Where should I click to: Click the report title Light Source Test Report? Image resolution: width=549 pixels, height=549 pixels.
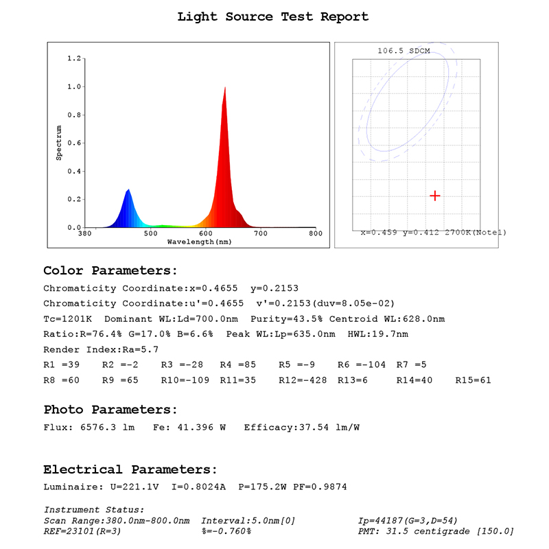pyautogui.click(x=273, y=16)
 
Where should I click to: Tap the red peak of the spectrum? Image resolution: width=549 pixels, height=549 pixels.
pyautogui.click(x=225, y=89)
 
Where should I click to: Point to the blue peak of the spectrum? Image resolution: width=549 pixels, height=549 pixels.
pyautogui.click(x=128, y=191)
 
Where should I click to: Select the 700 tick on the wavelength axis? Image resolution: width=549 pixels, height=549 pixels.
pyautogui.click(x=261, y=234)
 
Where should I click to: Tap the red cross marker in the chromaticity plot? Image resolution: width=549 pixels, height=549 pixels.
pyautogui.click(x=434, y=196)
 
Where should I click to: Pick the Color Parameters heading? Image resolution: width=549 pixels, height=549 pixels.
pyautogui.click(x=110, y=270)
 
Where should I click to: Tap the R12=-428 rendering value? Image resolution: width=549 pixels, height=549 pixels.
pyautogui.click(x=305, y=380)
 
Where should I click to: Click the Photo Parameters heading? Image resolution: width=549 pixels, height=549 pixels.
pyautogui.click(x=110, y=410)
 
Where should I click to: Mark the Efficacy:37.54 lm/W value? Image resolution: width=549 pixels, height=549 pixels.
pyautogui.click(x=301, y=428)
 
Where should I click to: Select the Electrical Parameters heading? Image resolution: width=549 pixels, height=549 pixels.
pyautogui.click(x=130, y=470)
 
